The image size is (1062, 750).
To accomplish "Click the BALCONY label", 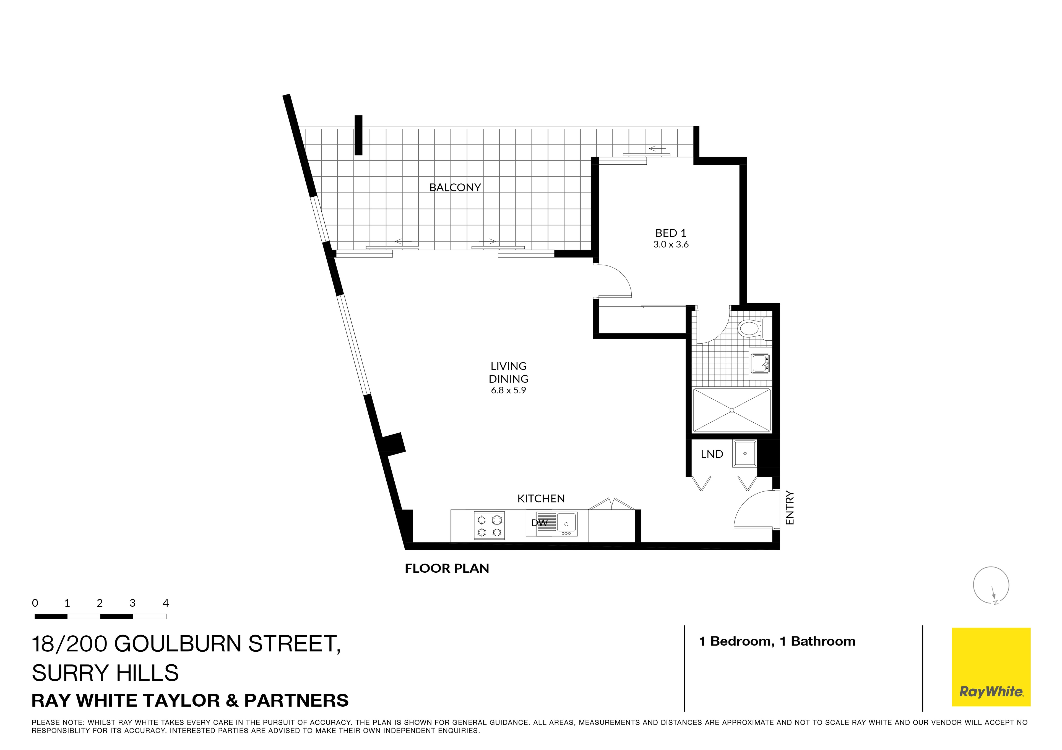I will (x=455, y=188).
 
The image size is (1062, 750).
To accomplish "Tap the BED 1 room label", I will (x=671, y=233).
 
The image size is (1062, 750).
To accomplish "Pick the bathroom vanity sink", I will (x=759, y=363).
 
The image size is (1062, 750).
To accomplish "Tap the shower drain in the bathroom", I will (x=732, y=410).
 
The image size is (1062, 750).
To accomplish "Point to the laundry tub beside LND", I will (x=745, y=453).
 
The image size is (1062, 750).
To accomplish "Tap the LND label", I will (x=711, y=454).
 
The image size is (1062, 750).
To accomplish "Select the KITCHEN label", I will (x=541, y=499).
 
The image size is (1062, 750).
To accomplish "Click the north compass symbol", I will (x=991, y=585).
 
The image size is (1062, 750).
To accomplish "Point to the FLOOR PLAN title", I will (x=447, y=569).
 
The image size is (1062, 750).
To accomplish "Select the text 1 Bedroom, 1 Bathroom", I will (x=777, y=641).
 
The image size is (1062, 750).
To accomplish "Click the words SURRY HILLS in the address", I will (x=105, y=673).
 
